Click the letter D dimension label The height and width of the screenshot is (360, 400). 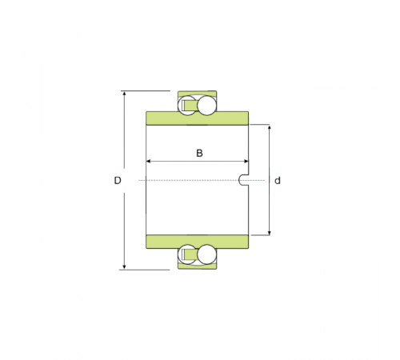click(x=118, y=181)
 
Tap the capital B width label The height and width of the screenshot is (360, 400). click(x=199, y=153)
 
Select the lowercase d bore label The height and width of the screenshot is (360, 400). click(x=278, y=181)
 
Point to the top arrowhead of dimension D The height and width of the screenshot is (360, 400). click(x=124, y=94)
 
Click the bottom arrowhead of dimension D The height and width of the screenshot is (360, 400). click(x=124, y=267)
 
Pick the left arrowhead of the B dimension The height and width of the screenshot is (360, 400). click(x=149, y=162)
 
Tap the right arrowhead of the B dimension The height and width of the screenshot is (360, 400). click(x=246, y=162)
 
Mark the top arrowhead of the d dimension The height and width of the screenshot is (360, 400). click(x=270, y=127)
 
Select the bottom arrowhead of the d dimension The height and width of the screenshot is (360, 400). click(x=270, y=233)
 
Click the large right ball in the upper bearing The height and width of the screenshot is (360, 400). click(x=206, y=106)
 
